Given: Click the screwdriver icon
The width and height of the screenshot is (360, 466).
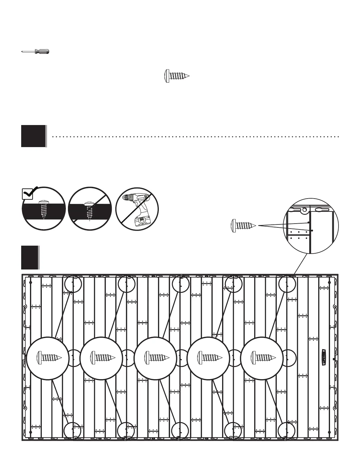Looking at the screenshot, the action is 35,52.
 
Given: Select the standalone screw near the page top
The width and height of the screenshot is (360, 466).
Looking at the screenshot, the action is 176,76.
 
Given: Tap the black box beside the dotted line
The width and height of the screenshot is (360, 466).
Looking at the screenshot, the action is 34,136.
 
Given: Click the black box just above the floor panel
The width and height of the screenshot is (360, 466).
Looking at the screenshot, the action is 30,257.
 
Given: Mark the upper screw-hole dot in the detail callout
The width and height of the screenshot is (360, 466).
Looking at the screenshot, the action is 308,223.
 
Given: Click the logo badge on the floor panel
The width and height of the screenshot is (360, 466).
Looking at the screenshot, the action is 324,358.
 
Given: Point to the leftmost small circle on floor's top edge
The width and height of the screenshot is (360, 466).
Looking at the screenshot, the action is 73,284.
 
